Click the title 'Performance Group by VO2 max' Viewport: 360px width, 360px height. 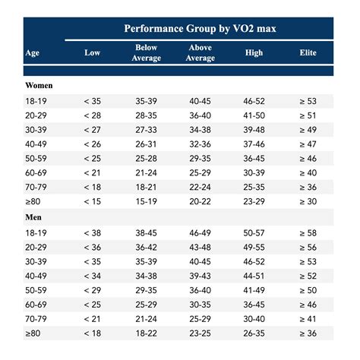[x=200, y=29]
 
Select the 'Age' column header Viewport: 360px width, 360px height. [x=33, y=52]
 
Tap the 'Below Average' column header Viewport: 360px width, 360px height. [x=146, y=52]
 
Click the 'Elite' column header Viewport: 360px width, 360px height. [x=308, y=52]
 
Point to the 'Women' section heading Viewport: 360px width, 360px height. [x=39, y=86]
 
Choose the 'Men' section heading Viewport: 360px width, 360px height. [x=34, y=216]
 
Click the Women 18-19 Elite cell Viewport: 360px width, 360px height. [x=308, y=100]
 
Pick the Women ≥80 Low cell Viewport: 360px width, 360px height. [x=92, y=201]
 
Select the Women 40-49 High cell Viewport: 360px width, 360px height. [x=254, y=144]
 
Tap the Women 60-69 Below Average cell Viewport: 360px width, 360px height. [x=146, y=172]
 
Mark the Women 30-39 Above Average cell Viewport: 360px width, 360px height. [x=200, y=129]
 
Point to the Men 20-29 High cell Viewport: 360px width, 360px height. [x=254, y=247]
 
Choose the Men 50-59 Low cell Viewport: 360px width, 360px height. [x=92, y=290]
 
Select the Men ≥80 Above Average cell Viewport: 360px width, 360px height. [x=200, y=333]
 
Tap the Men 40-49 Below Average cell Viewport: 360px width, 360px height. [x=146, y=276]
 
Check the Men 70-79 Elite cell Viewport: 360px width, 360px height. [x=308, y=319]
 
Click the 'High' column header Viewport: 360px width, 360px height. [x=254, y=52]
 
